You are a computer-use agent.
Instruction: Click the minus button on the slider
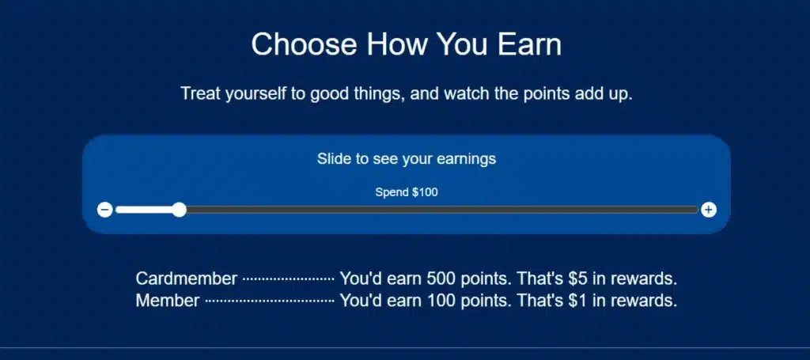click(x=104, y=210)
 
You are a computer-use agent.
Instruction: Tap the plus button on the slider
click(x=709, y=210)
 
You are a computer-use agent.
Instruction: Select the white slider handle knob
click(x=180, y=210)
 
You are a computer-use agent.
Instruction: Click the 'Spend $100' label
click(x=406, y=192)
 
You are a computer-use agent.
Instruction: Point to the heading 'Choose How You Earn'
click(x=406, y=44)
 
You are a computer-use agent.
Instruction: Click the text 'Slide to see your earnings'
click(x=406, y=159)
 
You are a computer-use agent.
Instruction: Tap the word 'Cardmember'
click(x=186, y=279)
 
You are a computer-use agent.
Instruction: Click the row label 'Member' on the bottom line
click(x=168, y=301)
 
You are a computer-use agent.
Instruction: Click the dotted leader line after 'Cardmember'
click(x=288, y=279)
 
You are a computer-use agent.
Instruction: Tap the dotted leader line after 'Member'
click(x=269, y=301)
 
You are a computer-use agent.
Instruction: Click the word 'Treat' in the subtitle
click(x=200, y=93)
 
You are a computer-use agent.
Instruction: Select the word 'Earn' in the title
click(x=528, y=44)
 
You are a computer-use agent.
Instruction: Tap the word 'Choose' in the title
click(x=305, y=44)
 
